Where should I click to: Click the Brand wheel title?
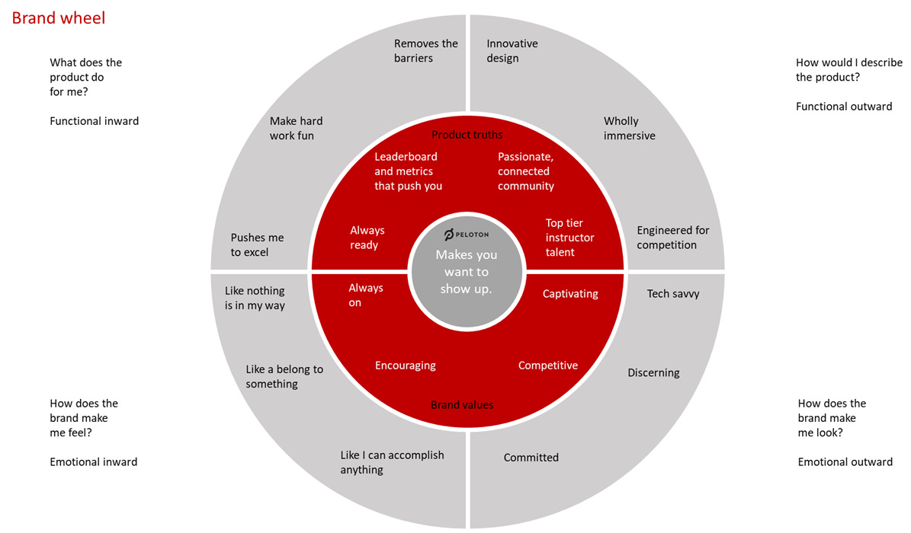[59, 18]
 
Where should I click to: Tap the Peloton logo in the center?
[467, 233]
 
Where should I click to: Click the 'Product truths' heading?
[467, 135]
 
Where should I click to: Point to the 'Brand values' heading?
[461, 405]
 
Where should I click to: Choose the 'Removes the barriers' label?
[425, 51]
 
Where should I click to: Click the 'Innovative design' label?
[512, 51]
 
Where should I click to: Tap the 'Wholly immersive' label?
[629, 128]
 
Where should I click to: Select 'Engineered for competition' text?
[672, 238]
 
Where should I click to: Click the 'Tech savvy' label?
[672, 293]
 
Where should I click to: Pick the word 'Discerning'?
[653, 372]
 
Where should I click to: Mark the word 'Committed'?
[531, 458]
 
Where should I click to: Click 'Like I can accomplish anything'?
[391, 462]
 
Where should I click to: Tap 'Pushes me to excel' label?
[257, 245]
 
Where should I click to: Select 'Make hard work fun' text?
[296, 128]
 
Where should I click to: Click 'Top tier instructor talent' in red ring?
[569, 238]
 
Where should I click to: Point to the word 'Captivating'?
[569, 293]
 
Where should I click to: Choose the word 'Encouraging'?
[405, 365]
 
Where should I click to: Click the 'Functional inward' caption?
[94, 120]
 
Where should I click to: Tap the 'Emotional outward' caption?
[845, 461]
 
